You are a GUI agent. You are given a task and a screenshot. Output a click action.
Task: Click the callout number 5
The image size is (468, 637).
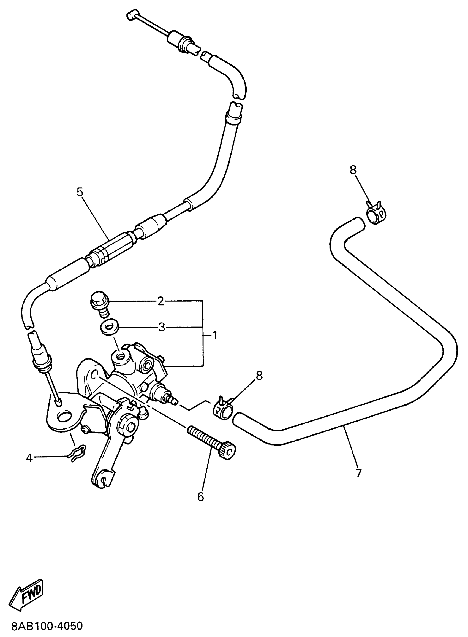(x=80, y=192)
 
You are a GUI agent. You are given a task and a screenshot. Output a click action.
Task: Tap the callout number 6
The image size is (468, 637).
(x=201, y=497)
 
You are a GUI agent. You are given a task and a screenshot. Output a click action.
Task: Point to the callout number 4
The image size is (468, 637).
(x=29, y=458)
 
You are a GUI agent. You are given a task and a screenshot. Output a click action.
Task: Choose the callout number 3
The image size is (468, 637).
(x=161, y=328)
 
